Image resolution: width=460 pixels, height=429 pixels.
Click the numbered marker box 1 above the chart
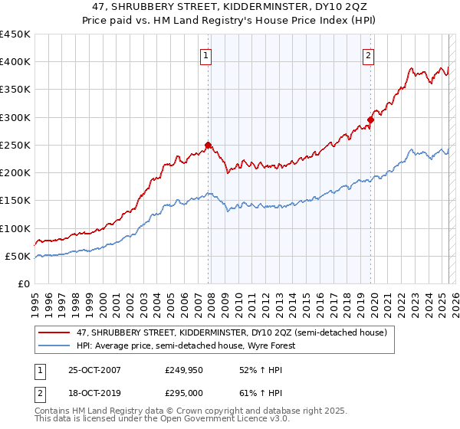pos(207,54)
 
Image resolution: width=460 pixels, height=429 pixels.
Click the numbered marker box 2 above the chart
pos(369,54)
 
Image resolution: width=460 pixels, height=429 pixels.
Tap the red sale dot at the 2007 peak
pos(208,144)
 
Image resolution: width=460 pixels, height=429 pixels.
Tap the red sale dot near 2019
pos(370,120)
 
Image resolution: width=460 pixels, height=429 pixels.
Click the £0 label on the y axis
pos(23,284)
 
